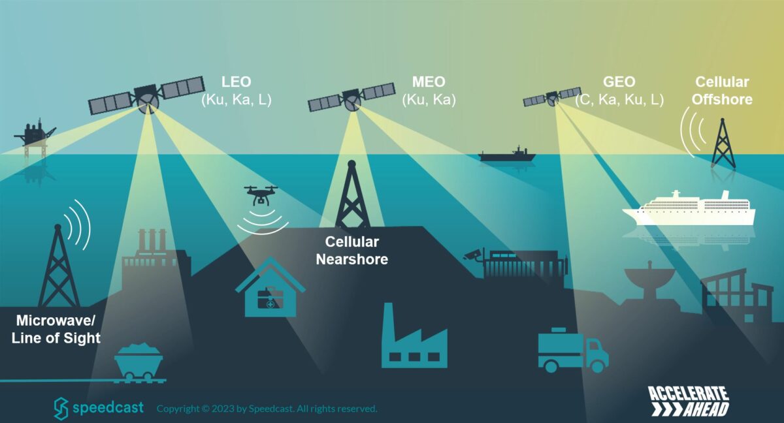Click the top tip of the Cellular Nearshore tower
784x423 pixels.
(x=351, y=161)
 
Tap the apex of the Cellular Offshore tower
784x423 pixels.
(x=723, y=119)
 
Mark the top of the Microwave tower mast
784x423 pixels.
(x=57, y=225)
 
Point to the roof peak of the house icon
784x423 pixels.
(x=270, y=258)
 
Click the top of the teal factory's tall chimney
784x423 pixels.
(x=387, y=304)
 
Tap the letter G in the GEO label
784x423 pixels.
(x=609, y=82)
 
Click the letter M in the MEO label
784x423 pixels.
(x=418, y=82)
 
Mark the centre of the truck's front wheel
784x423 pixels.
(x=597, y=366)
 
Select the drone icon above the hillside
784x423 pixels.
(x=261, y=195)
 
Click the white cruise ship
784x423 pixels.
(x=689, y=208)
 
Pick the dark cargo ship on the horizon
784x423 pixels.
(x=507, y=154)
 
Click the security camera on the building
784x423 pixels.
(x=472, y=254)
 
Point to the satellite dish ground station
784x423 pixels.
(x=649, y=282)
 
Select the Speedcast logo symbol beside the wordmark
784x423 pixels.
(x=61, y=409)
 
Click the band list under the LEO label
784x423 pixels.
(x=237, y=100)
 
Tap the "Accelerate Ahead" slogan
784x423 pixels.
(x=688, y=401)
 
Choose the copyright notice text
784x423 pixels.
(x=267, y=409)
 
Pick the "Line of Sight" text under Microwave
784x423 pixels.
(x=56, y=338)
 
